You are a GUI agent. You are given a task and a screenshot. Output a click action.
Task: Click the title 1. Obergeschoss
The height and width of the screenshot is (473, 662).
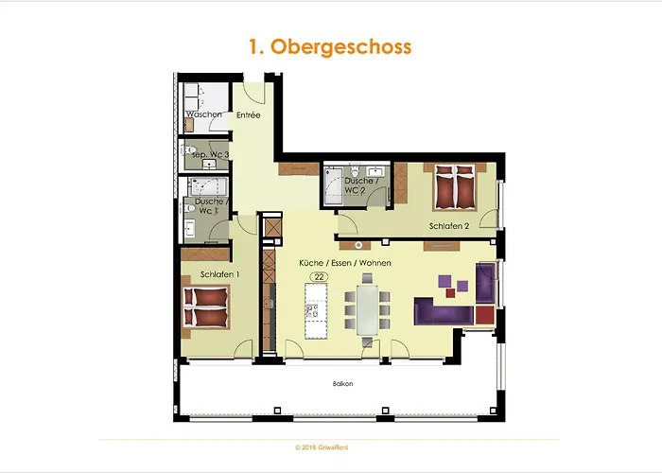point(330,46)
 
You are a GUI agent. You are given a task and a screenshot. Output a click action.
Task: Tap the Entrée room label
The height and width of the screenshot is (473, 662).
point(249,115)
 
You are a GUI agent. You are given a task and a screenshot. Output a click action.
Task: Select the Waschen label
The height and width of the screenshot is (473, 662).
point(203,114)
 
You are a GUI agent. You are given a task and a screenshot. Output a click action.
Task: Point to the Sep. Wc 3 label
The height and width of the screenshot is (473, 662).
point(210,153)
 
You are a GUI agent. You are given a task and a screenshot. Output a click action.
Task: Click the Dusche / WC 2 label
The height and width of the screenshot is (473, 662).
point(362,185)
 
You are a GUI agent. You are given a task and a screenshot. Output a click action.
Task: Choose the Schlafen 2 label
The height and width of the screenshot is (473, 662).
point(448,227)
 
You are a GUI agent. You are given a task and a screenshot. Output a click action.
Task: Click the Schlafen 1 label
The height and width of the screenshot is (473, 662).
point(219,274)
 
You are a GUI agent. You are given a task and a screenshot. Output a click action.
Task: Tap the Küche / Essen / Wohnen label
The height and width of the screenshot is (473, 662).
point(345,262)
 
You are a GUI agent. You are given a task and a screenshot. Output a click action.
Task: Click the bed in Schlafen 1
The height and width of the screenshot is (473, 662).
point(205,307)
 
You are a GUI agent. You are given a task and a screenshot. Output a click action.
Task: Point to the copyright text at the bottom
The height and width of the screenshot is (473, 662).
point(330,446)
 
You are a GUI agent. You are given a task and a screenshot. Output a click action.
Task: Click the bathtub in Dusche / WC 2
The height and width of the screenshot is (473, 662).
point(333,186)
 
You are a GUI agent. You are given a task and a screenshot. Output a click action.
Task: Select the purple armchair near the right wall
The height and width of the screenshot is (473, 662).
point(486,280)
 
